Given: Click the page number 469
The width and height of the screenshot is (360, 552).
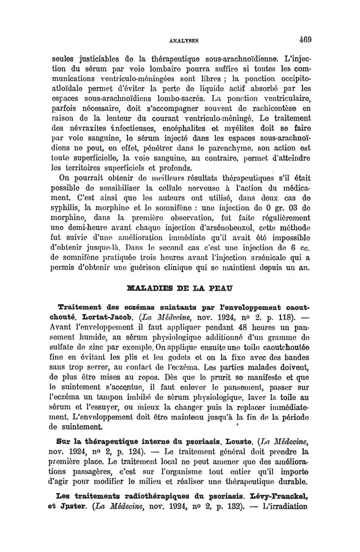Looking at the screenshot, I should [x=300, y=39].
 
